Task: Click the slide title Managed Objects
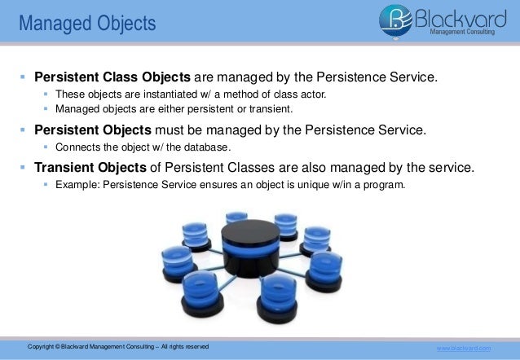86,24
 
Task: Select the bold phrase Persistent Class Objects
112,77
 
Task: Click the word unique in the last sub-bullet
319,185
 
